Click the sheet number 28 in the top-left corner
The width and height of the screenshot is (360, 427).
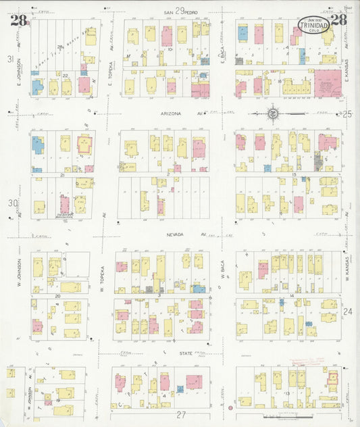(18, 20)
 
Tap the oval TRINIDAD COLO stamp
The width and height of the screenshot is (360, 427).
(314, 26)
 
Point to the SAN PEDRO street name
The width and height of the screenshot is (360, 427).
(179, 11)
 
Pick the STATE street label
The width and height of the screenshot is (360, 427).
(175, 352)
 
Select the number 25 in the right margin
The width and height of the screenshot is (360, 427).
(347, 114)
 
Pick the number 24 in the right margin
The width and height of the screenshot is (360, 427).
(347, 311)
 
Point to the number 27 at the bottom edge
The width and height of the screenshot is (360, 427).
(180, 414)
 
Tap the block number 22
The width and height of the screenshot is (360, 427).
(66, 76)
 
